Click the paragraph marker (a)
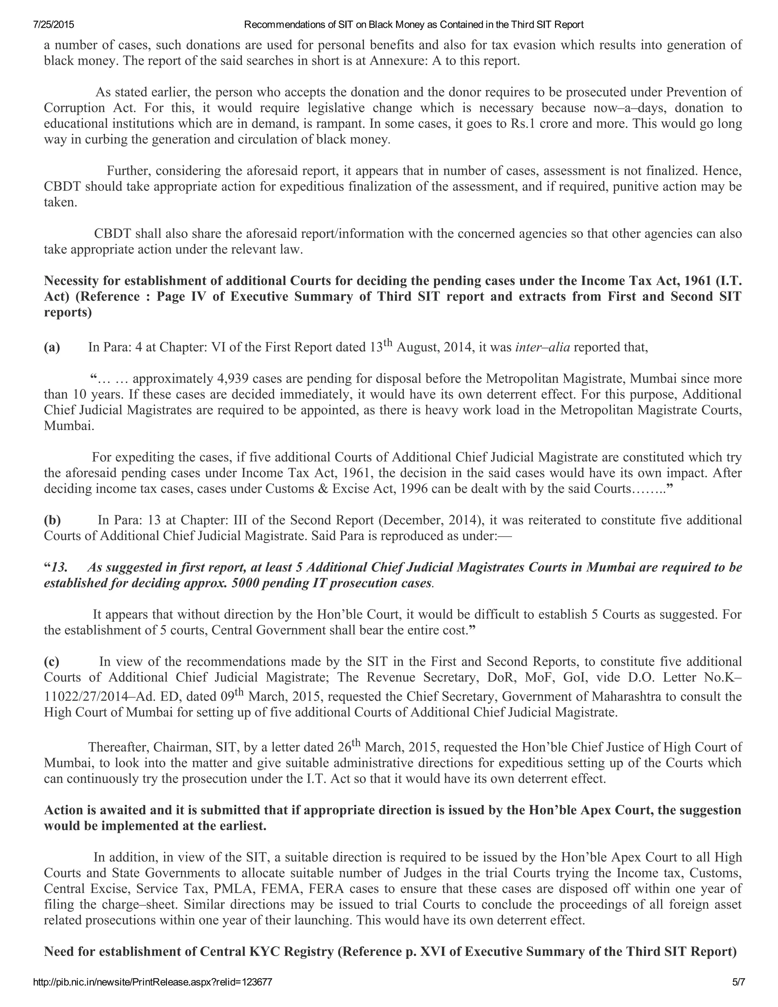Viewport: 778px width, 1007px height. point(52,348)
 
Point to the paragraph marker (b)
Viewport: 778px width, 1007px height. point(52,520)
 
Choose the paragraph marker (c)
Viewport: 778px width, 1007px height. point(52,662)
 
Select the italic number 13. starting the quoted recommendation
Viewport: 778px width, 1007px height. point(60,568)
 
